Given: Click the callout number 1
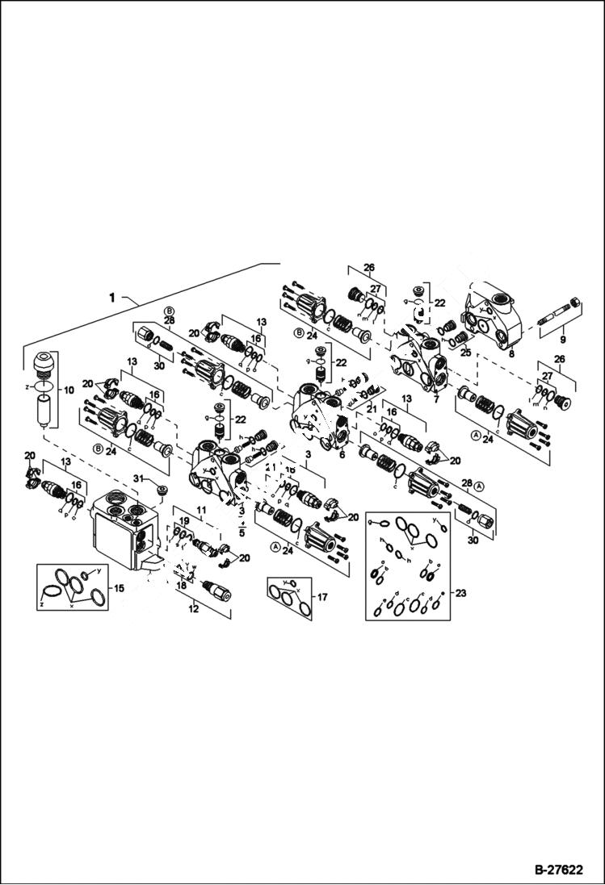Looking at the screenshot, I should [x=114, y=297].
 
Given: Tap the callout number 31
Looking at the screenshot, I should [x=138, y=480].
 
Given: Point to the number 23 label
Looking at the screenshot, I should [x=462, y=591].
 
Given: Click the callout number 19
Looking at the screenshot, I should [x=184, y=522].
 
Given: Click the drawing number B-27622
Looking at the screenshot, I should [x=557, y=870].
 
